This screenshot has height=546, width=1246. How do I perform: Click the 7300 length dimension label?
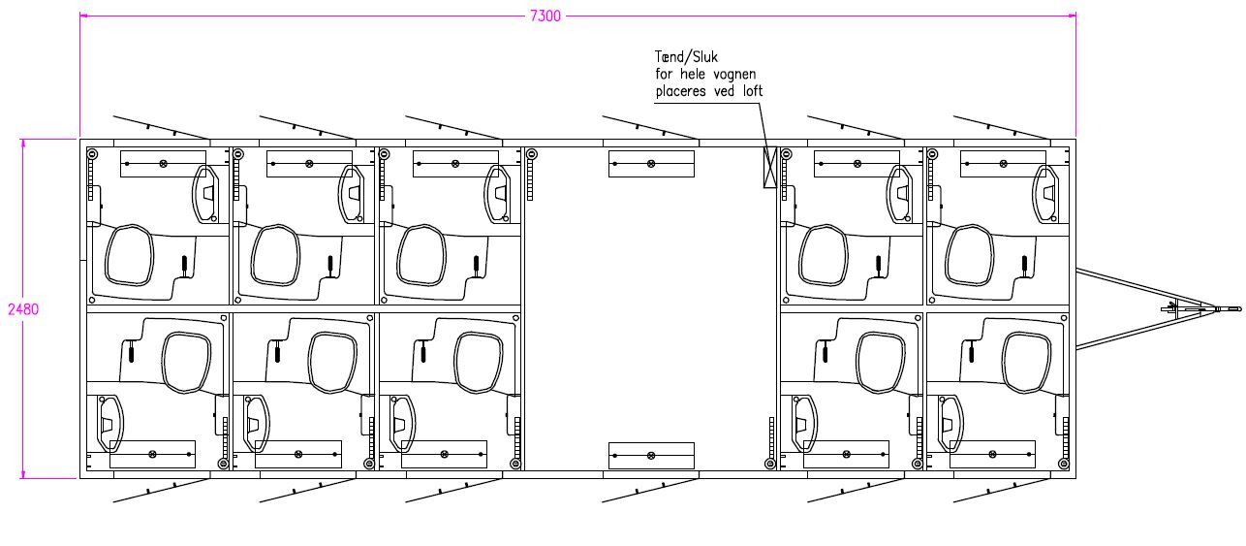[x=545, y=16]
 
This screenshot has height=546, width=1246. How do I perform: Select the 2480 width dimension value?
[x=23, y=309]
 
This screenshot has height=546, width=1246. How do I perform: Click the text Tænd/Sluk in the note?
[x=686, y=57]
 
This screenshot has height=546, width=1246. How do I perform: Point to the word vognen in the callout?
[x=734, y=75]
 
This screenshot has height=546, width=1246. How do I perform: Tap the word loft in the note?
[x=753, y=91]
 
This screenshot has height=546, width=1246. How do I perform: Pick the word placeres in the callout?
[x=680, y=91]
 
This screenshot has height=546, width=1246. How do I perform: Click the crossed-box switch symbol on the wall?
[x=770, y=167]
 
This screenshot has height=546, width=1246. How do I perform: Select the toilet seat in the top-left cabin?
[x=129, y=255]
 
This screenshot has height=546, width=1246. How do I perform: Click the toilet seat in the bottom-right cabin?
[x=1027, y=363]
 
